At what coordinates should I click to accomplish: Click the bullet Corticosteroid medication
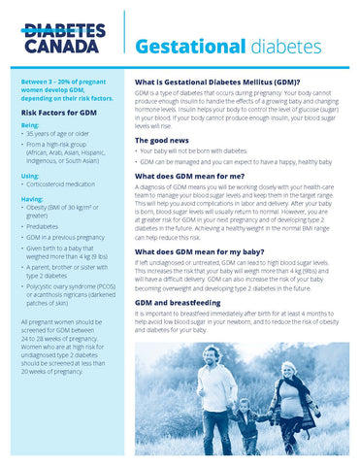69,184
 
